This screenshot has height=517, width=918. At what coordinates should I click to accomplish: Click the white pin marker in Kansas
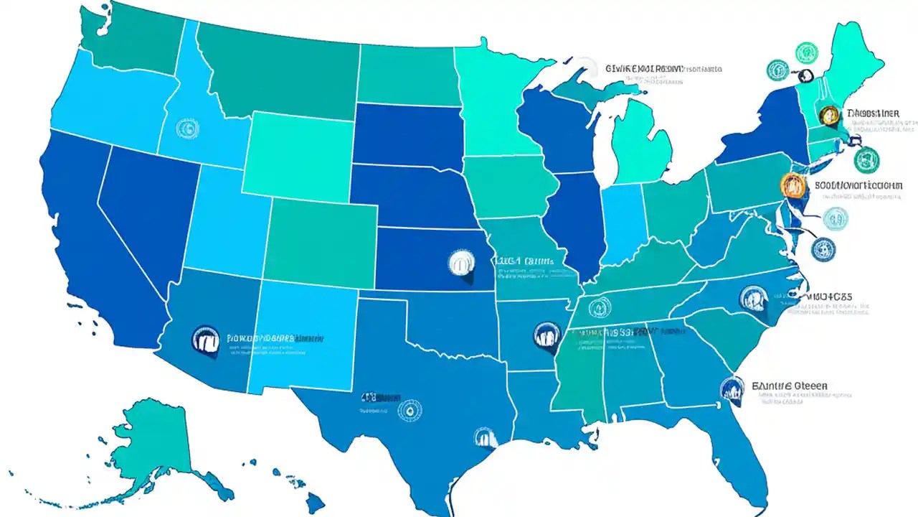click(x=460, y=263)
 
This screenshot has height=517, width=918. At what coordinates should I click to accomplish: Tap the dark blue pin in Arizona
click(x=205, y=339)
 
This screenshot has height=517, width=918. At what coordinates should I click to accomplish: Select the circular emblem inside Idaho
click(x=186, y=128)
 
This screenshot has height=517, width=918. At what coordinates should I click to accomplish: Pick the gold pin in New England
click(x=829, y=115)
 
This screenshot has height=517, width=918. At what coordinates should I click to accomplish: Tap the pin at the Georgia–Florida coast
click(x=732, y=388)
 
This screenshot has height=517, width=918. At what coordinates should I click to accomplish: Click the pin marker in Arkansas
click(x=546, y=335)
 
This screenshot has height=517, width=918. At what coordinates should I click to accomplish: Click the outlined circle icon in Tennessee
click(x=599, y=308)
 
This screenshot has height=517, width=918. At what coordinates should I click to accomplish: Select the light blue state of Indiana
click(x=621, y=223)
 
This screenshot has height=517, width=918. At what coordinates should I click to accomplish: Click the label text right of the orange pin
click(x=858, y=185)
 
